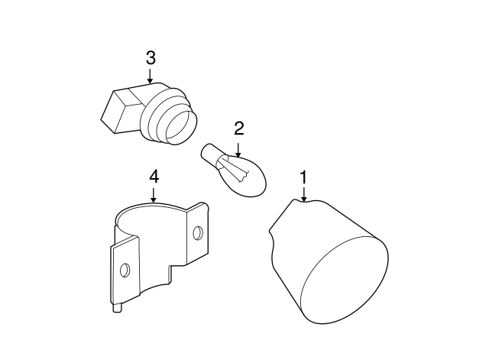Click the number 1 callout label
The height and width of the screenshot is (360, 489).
click(x=303, y=177)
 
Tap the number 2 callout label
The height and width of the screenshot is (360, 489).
click(x=238, y=128)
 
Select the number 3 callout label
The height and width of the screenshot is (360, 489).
click(x=151, y=57)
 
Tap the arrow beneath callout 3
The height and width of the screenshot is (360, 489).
click(x=151, y=76)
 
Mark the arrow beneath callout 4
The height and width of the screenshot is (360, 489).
click(x=154, y=195)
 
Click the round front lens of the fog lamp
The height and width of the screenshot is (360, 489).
click(x=344, y=280)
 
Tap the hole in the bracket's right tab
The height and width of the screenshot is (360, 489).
click(x=197, y=232)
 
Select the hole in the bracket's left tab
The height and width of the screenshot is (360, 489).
click(x=126, y=269)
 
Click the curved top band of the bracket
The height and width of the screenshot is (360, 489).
click(x=153, y=209)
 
